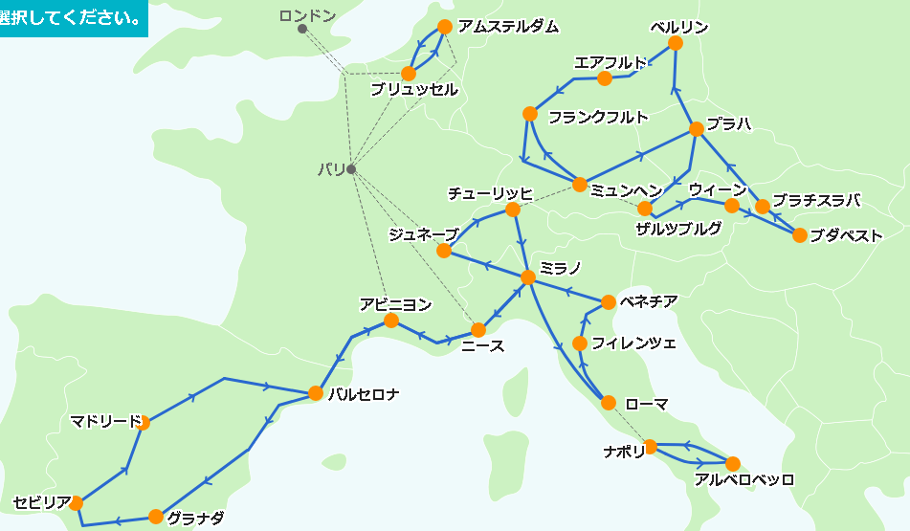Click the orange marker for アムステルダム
[x=444, y=27]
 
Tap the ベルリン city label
[x=678, y=26]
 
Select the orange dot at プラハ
[x=697, y=129]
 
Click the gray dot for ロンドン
[x=302, y=29]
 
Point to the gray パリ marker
[x=351, y=169]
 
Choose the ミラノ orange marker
[x=527, y=277]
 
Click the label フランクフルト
[x=598, y=118]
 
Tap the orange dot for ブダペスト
[x=800, y=235]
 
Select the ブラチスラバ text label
[x=816, y=200]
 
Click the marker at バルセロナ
[x=314, y=392]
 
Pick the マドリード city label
[x=105, y=421]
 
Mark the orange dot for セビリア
[x=76, y=502]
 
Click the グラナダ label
[x=195, y=519]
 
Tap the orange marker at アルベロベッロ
[x=733, y=464]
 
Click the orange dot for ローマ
[x=609, y=403]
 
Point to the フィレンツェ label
[x=633, y=343]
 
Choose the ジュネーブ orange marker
[x=444, y=251]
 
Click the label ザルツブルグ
[x=678, y=229]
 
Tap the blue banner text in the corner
[x=72, y=18]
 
